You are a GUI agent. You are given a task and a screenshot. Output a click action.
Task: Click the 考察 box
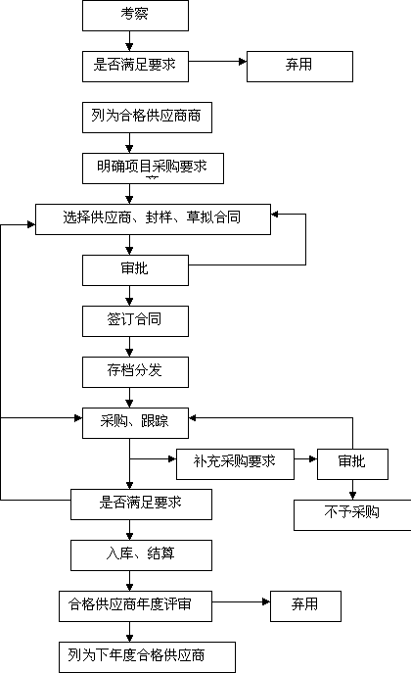(135, 16)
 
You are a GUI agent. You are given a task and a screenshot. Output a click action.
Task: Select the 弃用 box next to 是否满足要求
(299, 67)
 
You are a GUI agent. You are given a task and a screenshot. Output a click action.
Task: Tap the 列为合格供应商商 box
(147, 118)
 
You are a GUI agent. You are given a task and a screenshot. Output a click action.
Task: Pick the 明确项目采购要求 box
(153, 168)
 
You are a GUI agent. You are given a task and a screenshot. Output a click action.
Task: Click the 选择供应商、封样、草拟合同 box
(153, 219)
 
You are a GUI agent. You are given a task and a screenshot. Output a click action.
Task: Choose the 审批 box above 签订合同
(135, 270)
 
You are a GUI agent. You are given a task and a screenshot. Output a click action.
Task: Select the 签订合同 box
(135, 321)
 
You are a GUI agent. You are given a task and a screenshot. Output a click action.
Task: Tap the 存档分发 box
(135, 372)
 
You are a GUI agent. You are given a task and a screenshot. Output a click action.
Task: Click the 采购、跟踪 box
(135, 423)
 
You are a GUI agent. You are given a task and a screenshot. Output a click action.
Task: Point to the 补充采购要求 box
(235, 464)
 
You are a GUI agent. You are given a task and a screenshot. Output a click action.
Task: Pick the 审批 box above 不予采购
(352, 464)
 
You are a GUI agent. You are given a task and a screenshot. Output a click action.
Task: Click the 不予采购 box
(352, 515)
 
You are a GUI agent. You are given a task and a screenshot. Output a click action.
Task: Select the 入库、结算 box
(142, 555)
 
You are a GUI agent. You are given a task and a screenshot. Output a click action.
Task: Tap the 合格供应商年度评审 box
(135, 606)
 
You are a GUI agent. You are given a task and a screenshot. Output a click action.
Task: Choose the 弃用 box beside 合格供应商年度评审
(305, 606)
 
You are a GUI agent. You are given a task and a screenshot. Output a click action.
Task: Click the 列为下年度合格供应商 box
(147, 657)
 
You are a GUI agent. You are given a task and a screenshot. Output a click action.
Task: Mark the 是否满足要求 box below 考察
(135, 67)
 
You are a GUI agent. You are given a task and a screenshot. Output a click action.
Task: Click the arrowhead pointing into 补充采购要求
(172, 458)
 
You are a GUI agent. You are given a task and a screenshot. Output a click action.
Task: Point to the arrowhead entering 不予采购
(352, 496)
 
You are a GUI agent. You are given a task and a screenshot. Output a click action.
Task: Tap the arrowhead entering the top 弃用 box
(243, 62)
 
